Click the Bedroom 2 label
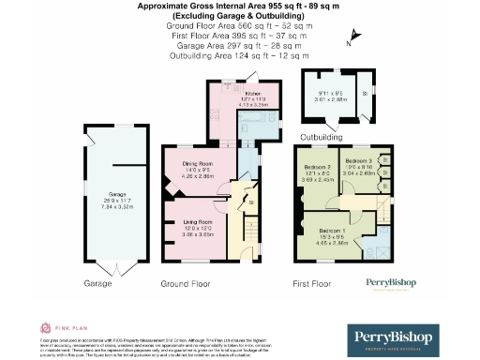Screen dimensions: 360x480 click(x=317, y=168)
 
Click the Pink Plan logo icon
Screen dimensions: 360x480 click(x=45, y=327)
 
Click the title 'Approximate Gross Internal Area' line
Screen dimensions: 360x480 click(x=239, y=6)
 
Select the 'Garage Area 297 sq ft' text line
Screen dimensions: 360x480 click(x=239, y=47)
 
